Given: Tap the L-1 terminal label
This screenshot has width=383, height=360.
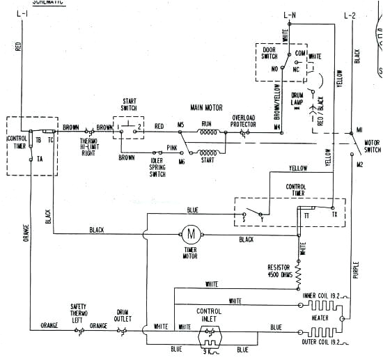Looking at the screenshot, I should (22, 14).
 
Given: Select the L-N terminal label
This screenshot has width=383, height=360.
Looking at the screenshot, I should (290, 14).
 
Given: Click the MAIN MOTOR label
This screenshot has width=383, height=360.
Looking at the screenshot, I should (206, 108).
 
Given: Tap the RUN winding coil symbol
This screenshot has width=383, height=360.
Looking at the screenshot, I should (207, 130).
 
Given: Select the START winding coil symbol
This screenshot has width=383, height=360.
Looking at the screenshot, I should (208, 152).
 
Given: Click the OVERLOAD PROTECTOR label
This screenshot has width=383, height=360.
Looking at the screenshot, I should (244, 121).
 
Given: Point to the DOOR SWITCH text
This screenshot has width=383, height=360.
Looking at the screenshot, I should (270, 53).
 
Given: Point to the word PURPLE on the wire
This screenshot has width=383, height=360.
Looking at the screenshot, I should (355, 268).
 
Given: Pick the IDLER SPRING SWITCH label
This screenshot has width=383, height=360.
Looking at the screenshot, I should (157, 166).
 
